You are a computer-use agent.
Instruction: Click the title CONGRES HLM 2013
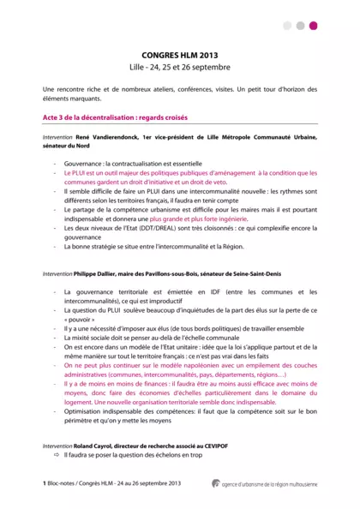[x=180, y=53]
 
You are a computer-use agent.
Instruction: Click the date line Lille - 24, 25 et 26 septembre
[x=180, y=66]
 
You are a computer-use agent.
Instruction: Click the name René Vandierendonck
[x=106, y=137]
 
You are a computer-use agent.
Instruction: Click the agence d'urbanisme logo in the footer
[x=217, y=484]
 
